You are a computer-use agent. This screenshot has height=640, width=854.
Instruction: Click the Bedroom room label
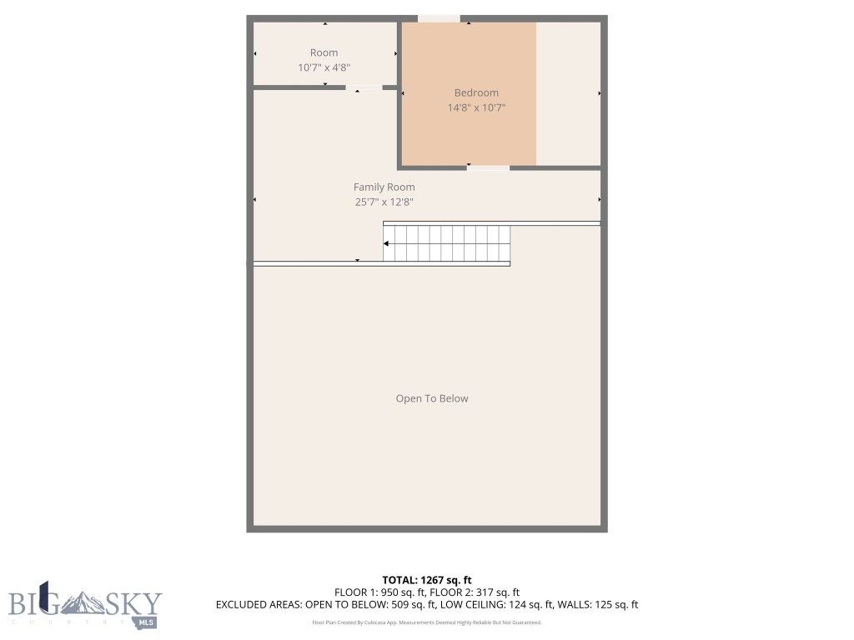click(476, 92)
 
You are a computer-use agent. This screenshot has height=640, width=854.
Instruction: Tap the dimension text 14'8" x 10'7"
click(476, 107)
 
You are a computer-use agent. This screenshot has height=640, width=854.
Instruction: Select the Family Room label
click(384, 187)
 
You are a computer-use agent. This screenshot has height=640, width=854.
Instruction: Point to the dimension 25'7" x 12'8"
click(384, 202)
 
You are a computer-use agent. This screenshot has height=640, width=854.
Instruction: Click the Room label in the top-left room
click(324, 52)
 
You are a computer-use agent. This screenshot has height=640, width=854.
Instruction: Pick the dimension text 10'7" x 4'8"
click(324, 67)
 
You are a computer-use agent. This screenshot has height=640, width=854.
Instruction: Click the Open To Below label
click(431, 398)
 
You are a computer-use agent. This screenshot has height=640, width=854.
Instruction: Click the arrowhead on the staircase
click(387, 243)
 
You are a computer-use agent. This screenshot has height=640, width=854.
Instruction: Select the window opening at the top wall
click(438, 18)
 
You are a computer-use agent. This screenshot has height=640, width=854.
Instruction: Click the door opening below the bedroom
click(488, 167)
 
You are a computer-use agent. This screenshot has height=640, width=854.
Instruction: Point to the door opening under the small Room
click(364, 87)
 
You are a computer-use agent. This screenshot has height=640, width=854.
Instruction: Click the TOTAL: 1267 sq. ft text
click(426, 580)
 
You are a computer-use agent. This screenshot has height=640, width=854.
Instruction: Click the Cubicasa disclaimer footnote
click(426, 622)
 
